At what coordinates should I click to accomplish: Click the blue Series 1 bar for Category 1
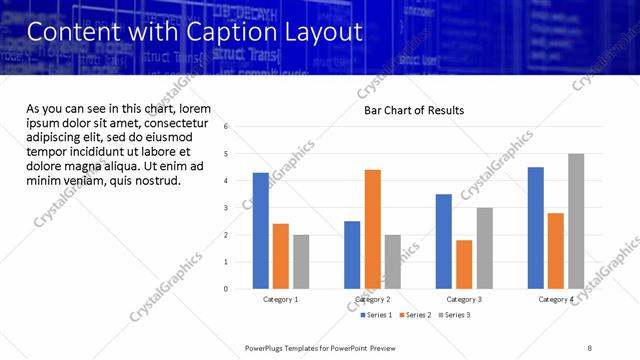261,231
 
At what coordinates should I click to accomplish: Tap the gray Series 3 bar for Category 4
576,221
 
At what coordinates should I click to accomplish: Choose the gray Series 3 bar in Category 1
301,262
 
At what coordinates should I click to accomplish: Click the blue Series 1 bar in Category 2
352,255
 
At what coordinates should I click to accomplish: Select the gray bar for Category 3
484,248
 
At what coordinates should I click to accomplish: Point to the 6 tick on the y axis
227,127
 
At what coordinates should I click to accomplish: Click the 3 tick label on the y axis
227,208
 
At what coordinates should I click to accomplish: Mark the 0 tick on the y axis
227,289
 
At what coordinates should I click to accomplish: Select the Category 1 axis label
281,300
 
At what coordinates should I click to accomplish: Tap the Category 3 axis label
464,300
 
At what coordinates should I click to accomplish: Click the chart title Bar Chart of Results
414,110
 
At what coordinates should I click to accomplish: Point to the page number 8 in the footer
590,348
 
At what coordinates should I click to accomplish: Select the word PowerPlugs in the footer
269,348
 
